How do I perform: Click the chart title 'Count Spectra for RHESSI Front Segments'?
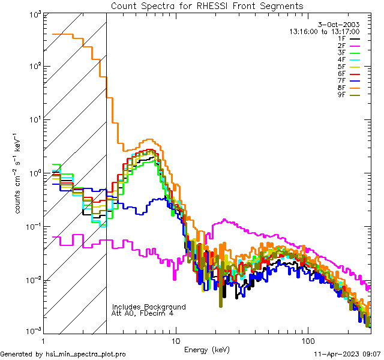pos(207,6)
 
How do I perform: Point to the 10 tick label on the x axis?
pos(175,340)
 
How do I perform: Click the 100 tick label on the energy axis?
pos(307,340)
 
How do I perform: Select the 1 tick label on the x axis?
pos(43,340)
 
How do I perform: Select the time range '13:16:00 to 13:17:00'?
pos(325,31)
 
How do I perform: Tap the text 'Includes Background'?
pos(148,307)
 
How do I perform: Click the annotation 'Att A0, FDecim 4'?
pos(143,313)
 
